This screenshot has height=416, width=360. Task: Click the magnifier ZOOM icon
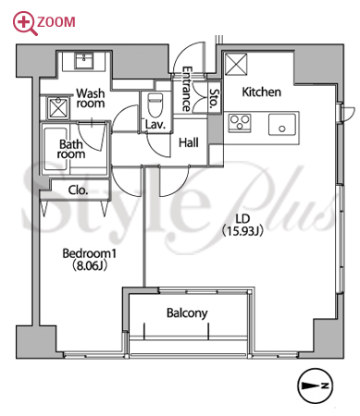click(x=25, y=23)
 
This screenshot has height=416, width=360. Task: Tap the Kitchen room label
click(x=261, y=92)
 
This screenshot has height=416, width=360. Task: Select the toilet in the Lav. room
click(x=155, y=104)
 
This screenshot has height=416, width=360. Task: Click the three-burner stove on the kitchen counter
click(x=240, y=123)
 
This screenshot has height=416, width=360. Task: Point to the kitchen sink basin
click(x=282, y=125)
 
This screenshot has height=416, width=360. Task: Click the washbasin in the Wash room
click(x=84, y=61)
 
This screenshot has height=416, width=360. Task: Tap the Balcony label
click(x=187, y=313)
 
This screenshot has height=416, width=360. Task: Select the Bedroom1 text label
click(x=90, y=253)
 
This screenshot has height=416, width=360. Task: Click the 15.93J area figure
click(x=242, y=231)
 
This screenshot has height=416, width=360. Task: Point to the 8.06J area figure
click(x=90, y=265)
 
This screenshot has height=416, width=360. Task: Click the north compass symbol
click(x=315, y=385)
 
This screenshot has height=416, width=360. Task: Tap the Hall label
click(x=189, y=142)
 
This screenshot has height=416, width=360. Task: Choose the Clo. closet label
click(x=78, y=190)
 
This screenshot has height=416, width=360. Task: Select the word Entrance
click(x=186, y=89)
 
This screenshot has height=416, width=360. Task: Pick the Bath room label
click(x=71, y=149)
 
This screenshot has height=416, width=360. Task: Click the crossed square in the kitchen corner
click(x=236, y=65)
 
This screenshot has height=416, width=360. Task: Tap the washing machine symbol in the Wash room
click(x=57, y=108)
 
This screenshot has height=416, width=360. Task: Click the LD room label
click(x=242, y=219)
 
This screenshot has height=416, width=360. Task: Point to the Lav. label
click(x=155, y=125)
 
